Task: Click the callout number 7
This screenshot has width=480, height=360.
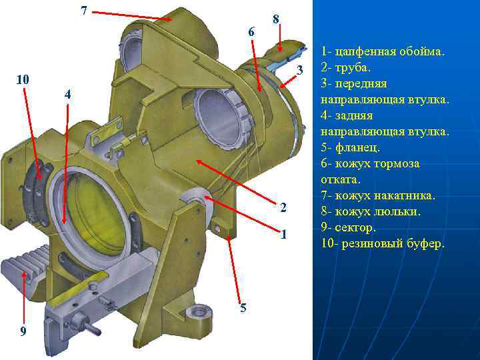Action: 84,11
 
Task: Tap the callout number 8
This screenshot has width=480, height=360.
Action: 276,19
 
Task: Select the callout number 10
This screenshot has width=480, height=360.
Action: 23,79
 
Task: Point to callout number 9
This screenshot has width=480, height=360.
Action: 23,331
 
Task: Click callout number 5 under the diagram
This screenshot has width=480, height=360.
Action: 243,307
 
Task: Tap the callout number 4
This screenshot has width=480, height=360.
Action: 67,94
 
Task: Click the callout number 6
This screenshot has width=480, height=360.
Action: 251,31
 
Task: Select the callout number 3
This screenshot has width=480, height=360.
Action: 300,70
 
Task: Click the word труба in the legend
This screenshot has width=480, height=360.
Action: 353,68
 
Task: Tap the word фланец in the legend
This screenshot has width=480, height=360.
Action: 357,148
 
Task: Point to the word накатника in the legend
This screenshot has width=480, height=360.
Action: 409,196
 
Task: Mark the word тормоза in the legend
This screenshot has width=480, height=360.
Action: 397,164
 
